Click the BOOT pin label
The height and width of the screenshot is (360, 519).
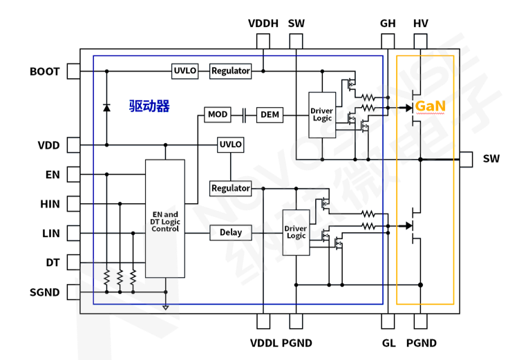point(44,71)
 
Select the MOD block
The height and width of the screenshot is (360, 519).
point(217,114)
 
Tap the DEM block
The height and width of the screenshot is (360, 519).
point(270,114)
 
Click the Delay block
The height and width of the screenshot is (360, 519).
point(231,232)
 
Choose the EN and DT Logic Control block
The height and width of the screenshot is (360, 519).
point(165,218)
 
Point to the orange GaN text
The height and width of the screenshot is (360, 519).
point(430,107)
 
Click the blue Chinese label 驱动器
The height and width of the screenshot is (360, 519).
point(149,106)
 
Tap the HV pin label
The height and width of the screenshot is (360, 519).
point(421,23)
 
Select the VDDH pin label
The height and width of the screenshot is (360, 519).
point(263,23)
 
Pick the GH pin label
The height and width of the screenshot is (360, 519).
point(388,23)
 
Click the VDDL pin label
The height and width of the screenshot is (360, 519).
point(263,343)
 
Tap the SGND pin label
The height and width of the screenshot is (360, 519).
point(44,292)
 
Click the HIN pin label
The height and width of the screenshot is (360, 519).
point(50,204)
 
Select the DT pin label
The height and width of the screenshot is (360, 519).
point(53,263)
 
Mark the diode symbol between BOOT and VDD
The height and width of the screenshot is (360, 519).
point(106,107)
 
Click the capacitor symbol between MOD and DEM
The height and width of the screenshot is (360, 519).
point(245,114)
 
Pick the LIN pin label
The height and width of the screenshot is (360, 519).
point(50,234)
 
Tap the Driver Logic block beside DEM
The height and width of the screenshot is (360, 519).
point(321,115)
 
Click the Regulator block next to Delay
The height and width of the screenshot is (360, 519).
point(231,188)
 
